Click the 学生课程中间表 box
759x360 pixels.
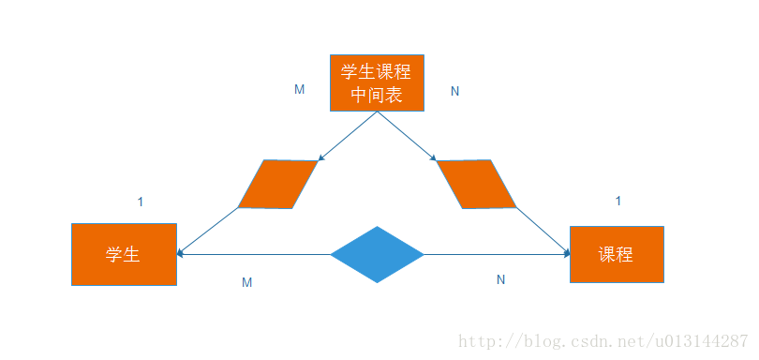coord(377,82)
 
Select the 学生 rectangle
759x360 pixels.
coord(124,254)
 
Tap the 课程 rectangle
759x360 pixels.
coord(617,254)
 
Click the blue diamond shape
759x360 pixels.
coord(378,254)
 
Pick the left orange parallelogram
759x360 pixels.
coord(278,184)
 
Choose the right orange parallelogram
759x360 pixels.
coord(476,184)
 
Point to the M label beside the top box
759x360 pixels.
coord(300,90)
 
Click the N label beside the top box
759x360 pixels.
coord(454,91)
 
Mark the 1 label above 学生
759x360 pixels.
coord(141,202)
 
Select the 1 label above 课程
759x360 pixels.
coord(618,202)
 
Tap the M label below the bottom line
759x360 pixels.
coord(246,282)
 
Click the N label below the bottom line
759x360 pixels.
coord(500,279)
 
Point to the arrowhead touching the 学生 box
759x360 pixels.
coord(181,253)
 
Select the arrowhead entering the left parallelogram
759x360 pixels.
coord(320,158)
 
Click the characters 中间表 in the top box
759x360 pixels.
coord(377,95)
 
